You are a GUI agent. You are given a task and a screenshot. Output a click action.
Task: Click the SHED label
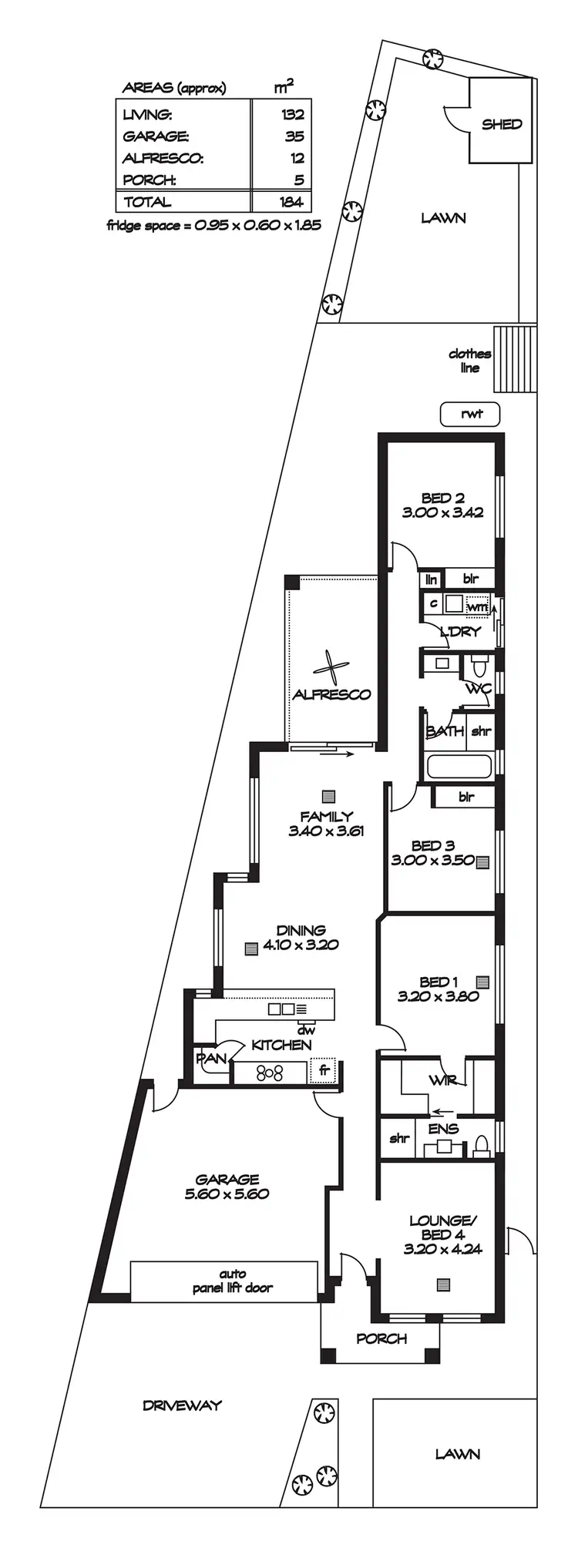coord(502,124)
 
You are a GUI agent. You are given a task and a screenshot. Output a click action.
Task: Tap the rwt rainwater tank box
coord(471,414)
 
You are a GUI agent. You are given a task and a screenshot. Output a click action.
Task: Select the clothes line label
coord(469,361)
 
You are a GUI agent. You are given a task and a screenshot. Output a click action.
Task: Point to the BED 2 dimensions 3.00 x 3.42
coord(442,512)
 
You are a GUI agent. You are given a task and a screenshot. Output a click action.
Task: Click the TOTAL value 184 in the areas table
coord(293,202)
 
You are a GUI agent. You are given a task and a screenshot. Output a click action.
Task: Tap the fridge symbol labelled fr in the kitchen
coord(324,1070)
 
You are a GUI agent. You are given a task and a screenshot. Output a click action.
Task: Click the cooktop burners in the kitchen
coord(269,1072)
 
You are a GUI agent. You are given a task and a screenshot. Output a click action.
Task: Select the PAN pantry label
coord(210,1059)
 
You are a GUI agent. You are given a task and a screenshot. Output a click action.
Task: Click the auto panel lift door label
coord(232,1281)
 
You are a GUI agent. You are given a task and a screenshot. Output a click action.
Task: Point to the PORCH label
coord(381,1338)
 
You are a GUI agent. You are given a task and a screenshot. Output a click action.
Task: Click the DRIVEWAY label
coord(182,1405)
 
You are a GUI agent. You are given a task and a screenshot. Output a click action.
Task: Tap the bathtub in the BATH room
coord(459,767)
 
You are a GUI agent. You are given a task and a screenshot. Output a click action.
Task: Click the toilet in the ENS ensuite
coord(482,1146)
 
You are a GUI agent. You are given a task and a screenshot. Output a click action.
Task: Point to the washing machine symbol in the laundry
coord(477,606)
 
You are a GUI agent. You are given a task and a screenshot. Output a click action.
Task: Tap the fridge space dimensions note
coord(213,226)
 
